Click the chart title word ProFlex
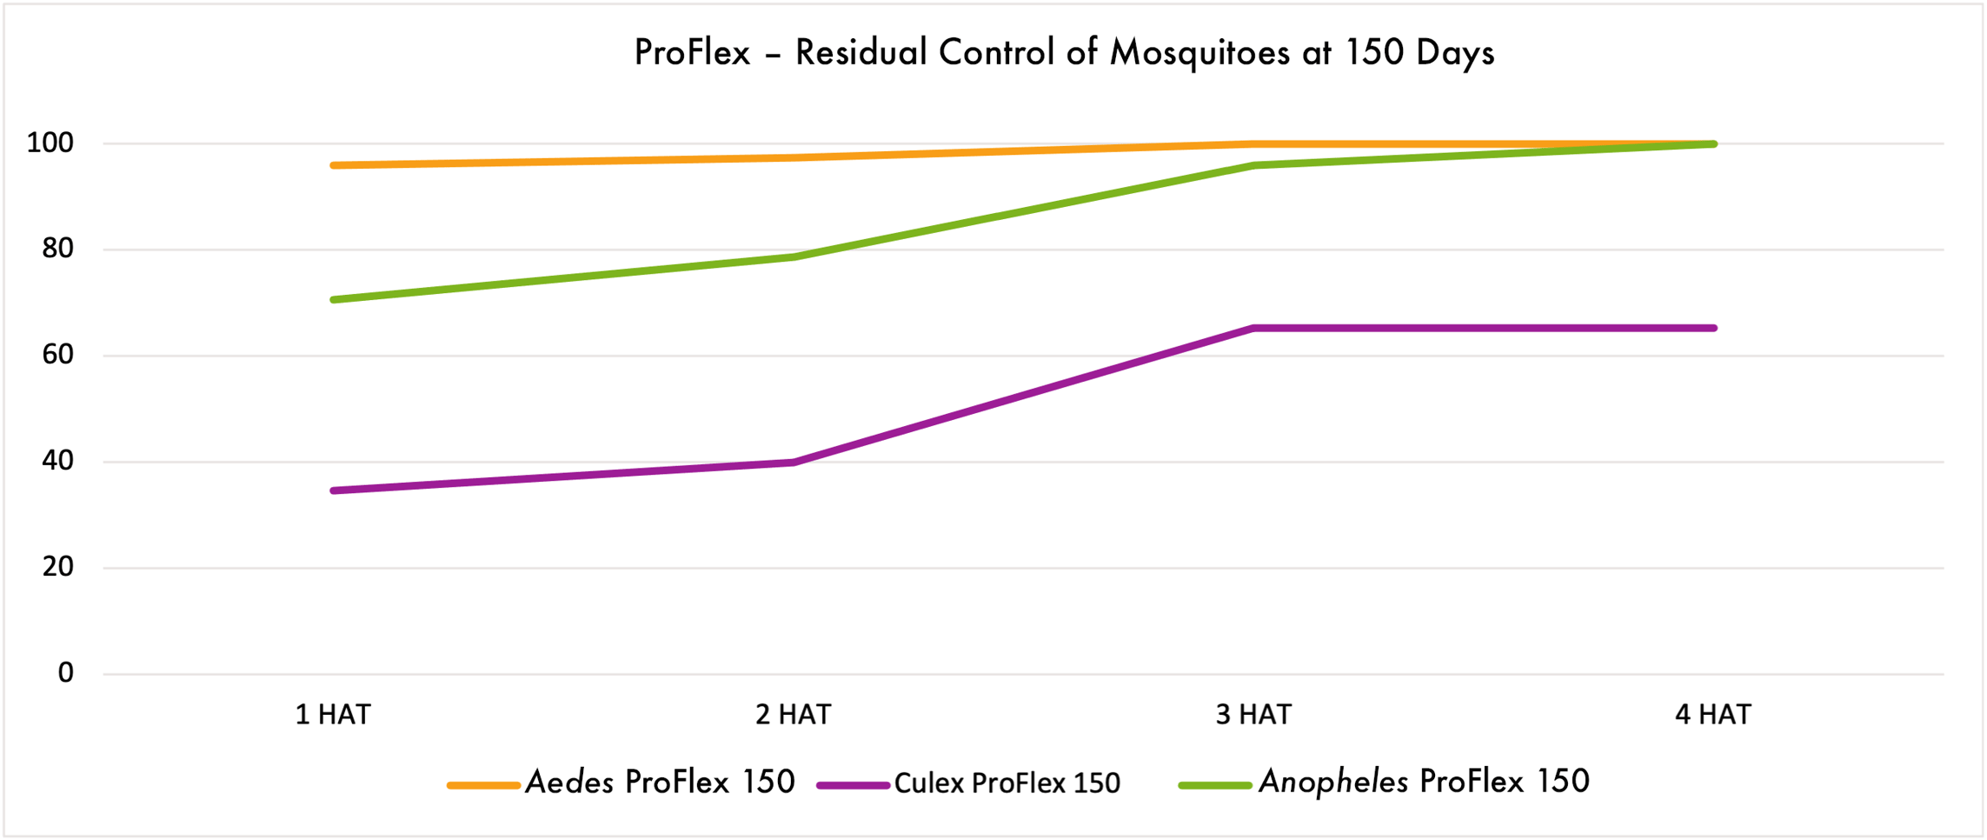[692, 53]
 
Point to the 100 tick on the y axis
[50, 143]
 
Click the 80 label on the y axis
[58, 249]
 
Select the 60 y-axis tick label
[58, 355]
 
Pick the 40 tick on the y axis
[58, 461]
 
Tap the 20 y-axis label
[58, 567]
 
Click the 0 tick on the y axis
[66, 673]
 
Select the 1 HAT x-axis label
[333, 715]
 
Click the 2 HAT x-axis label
[793, 715]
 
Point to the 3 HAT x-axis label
[1253, 715]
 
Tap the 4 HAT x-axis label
[1713, 715]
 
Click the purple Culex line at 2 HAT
[794, 462]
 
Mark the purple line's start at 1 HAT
[335, 490]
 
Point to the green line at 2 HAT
[794, 257]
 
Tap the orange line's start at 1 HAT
[335, 165]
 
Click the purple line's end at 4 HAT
[1712, 328]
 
